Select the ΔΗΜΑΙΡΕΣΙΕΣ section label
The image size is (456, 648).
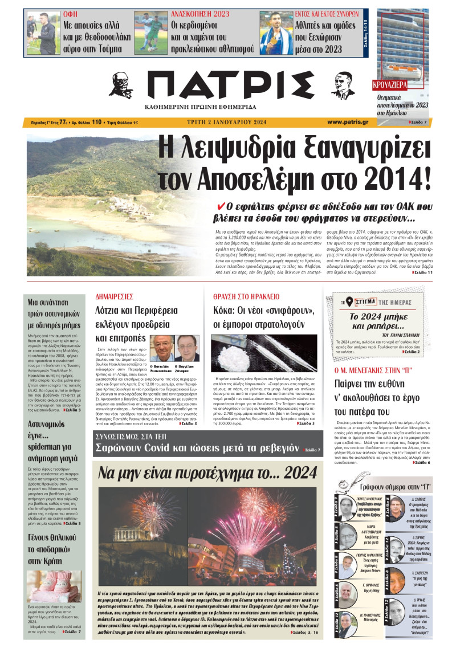[114, 297]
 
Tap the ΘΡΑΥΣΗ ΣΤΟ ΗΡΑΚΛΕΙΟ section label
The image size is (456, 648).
[246, 297]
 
